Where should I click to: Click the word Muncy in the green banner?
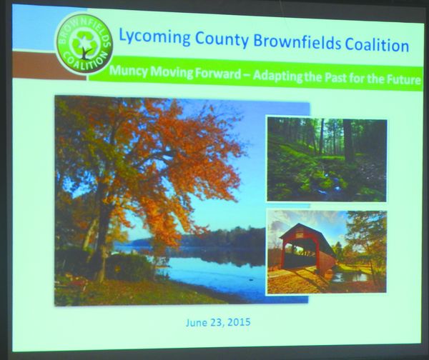coord(128,71)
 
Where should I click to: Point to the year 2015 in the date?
coord(240,321)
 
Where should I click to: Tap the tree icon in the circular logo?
coord(84,44)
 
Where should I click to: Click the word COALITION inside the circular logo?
coord(84,62)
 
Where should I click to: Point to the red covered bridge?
coord(307,249)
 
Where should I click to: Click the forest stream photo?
coord(327,159)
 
